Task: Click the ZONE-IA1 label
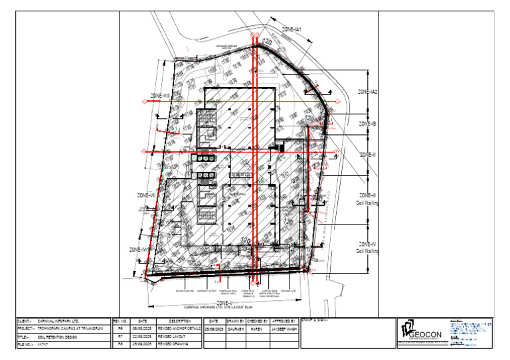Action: (293, 30)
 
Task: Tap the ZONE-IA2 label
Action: (367, 92)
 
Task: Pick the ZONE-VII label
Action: (146, 195)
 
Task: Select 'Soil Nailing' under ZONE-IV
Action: (367, 251)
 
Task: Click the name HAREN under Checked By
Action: (258, 328)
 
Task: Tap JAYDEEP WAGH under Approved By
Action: (283, 328)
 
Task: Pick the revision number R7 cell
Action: (120, 337)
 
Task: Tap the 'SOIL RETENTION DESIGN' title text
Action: (63, 337)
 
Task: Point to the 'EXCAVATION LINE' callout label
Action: (185, 291)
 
